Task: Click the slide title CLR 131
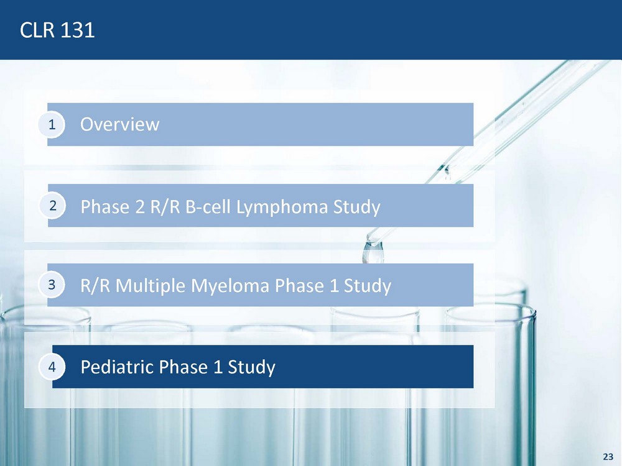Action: [x=57, y=30]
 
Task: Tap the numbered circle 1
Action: [x=52, y=124]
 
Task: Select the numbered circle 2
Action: [x=52, y=206]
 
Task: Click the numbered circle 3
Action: [x=52, y=285]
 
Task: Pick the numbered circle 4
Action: [x=52, y=367]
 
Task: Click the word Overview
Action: [x=120, y=124]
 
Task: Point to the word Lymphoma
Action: [x=282, y=208]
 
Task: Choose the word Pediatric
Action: [x=117, y=367]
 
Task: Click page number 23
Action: [x=608, y=457]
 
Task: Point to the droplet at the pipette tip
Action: [x=373, y=252]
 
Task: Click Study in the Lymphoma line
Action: [x=356, y=208]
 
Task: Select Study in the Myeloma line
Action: [x=368, y=286]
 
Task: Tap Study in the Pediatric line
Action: [x=251, y=367]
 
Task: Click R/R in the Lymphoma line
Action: [x=165, y=206]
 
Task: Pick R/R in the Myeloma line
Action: [x=95, y=285]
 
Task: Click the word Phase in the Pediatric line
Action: [x=183, y=367]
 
